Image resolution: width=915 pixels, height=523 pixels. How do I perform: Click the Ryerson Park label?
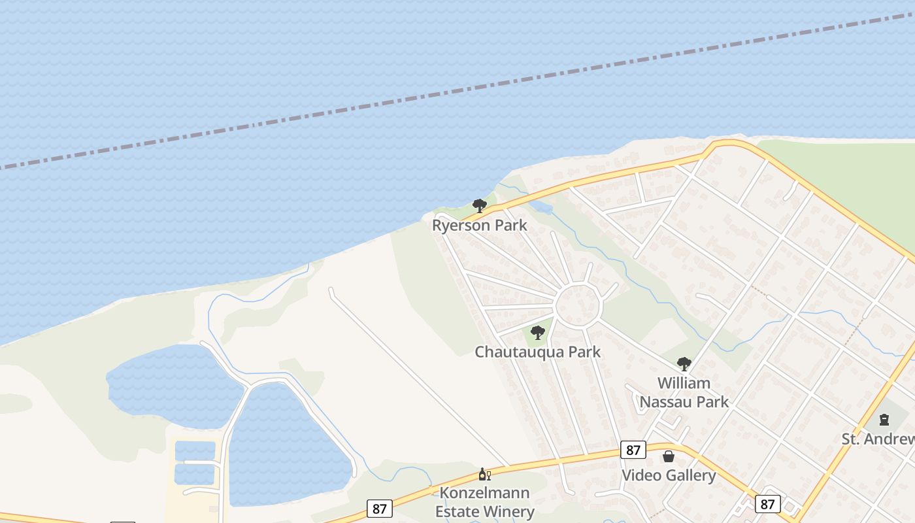[479, 226]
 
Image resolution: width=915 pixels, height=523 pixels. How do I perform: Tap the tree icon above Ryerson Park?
[480, 206]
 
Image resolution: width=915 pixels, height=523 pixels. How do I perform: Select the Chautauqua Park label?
[537, 352]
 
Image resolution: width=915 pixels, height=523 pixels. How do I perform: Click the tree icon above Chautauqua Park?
[538, 333]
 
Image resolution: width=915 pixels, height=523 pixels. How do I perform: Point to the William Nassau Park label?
[684, 392]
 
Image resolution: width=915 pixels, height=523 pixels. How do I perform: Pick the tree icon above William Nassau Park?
[684, 363]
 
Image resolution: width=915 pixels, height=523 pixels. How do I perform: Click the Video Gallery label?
[668, 475]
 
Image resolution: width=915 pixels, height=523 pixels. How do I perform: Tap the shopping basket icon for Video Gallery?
[669, 456]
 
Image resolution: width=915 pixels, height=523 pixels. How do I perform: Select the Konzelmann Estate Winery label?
[484, 502]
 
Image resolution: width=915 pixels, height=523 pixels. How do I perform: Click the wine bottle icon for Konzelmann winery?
[484, 475]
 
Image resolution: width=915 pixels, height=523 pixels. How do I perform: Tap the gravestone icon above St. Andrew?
[884, 420]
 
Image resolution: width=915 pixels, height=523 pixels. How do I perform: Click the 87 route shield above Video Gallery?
[633, 450]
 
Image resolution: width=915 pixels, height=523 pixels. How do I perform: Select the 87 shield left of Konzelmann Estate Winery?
[379, 509]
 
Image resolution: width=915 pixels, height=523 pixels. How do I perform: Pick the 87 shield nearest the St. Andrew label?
[767, 504]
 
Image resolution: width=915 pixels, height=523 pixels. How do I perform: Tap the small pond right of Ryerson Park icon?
[542, 208]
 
